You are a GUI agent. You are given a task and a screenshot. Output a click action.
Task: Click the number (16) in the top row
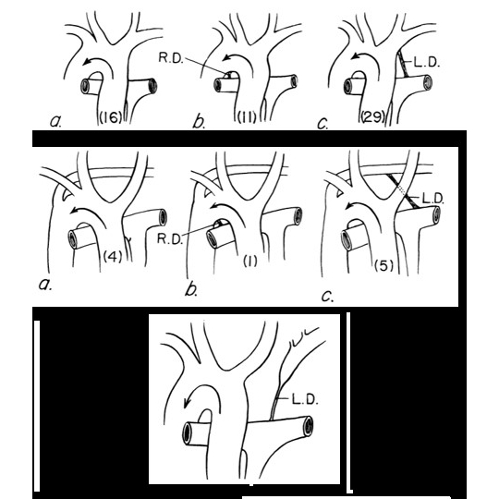click(x=111, y=117)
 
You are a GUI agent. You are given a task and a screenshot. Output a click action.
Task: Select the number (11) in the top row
click(x=248, y=117)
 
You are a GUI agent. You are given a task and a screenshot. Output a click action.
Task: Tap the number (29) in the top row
click(x=373, y=117)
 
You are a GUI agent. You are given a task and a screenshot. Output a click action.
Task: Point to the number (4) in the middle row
click(x=113, y=257)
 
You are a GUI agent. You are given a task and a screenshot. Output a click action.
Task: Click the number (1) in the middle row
click(x=250, y=262)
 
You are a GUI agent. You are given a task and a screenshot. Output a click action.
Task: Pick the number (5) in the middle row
click(x=384, y=265)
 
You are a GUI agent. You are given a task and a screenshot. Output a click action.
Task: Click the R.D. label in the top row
click(x=171, y=58)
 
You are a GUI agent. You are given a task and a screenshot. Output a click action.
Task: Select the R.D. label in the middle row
click(x=170, y=238)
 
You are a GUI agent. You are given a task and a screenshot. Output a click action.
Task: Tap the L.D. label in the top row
click(x=427, y=63)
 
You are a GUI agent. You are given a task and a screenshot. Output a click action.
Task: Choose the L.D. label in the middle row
click(x=432, y=199)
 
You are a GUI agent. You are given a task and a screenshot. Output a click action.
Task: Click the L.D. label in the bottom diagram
click(x=305, y=399)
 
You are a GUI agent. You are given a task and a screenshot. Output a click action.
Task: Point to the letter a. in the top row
click(x=56, y=121)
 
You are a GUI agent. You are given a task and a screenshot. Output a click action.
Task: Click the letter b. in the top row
click(x=199, y=121)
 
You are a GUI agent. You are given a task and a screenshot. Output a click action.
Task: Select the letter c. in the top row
click(x=323, y=124)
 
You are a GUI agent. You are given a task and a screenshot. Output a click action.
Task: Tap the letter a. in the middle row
click(x=45, y=285)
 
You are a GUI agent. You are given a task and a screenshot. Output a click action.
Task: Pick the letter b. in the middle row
click(x=191, y=289)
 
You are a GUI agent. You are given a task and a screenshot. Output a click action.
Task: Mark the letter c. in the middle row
click(x=328, y=297)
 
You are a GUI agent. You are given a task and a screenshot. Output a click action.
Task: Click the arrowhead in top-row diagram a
click(x=87, y=61)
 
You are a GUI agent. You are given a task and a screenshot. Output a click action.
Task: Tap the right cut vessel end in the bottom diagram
click(x=309, y=426)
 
